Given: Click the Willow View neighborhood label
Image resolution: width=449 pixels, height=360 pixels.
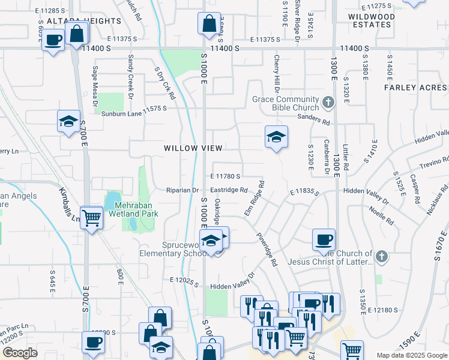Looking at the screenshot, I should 193,148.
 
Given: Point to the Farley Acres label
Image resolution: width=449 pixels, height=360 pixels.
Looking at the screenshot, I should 416,88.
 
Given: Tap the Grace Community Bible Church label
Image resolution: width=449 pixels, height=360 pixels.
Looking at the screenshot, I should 285,103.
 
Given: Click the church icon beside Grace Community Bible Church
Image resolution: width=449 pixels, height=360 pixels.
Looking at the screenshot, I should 328,103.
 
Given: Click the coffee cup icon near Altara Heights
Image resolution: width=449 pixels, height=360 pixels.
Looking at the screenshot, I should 53,41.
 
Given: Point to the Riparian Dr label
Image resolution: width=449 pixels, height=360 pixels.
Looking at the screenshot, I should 182,191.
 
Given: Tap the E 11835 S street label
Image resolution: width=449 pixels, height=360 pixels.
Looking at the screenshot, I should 305,191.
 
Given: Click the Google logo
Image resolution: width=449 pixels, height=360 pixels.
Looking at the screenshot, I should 20,353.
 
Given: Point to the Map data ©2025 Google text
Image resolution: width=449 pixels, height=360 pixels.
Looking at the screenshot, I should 411,355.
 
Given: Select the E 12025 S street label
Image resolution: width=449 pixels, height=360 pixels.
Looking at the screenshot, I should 184,280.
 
